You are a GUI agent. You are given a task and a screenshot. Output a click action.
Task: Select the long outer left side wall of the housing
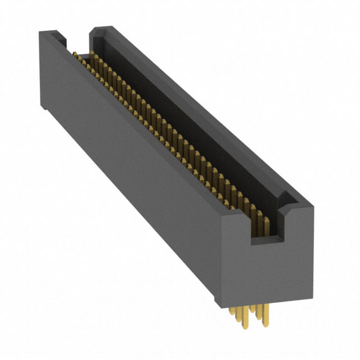point(129,169)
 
